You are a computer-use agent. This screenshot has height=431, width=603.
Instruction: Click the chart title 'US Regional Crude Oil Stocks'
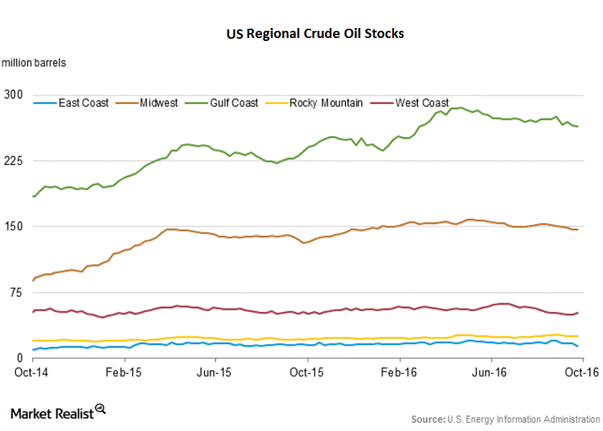(315, 34)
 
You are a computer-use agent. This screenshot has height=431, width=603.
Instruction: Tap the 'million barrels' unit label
(34, 62)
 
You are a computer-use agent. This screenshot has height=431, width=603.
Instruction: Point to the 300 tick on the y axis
(14, 95)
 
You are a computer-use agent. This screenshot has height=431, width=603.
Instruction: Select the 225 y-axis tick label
(14, 161)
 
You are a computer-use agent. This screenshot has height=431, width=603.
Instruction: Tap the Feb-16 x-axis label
(399, 372)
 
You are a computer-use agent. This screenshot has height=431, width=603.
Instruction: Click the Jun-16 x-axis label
(491, 372)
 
